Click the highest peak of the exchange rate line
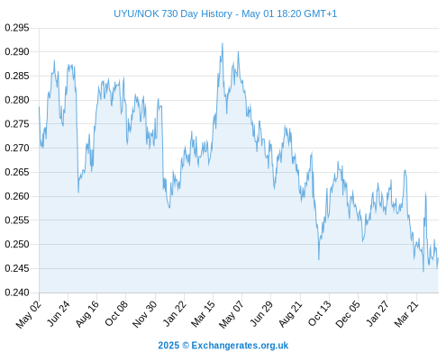[223, 43]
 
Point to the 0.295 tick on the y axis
[17, 28]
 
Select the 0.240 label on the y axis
[17, 292]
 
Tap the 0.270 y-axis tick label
[17, 148]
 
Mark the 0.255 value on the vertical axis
[17, 220]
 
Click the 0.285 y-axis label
[17, 76]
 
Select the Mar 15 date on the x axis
[204, 314]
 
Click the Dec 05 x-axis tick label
[348, 314]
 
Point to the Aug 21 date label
[290, 314]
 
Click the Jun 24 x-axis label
[59, 313]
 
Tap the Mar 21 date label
[406, 313]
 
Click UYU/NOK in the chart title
[136, 13]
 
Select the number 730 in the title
[169, 13]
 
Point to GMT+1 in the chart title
[321, 13]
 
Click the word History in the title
[216, 14]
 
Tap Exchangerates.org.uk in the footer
[240, 346]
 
